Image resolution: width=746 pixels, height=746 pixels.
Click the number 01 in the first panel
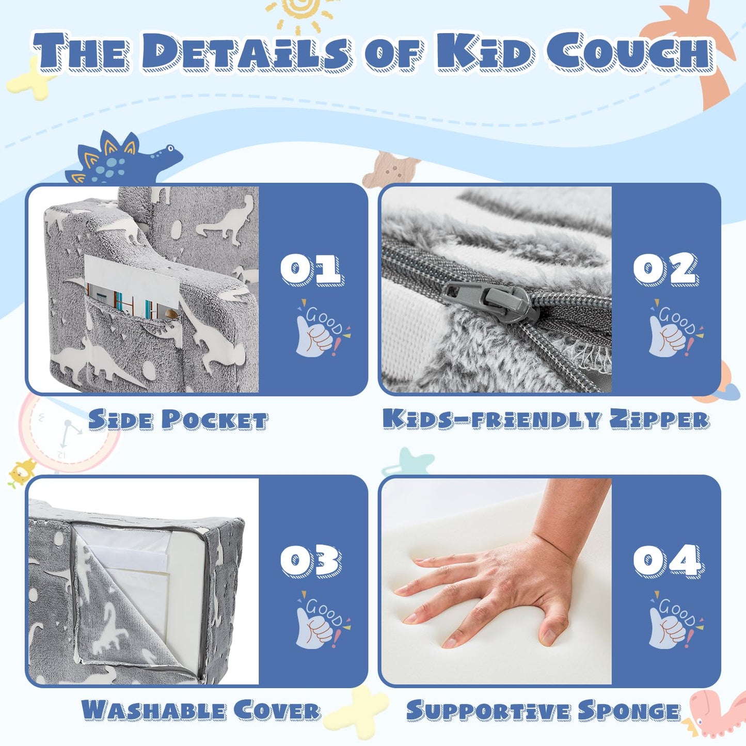coord(312,269)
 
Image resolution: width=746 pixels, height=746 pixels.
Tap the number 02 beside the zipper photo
coord(665,268)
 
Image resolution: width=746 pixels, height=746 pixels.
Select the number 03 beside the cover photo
coord(311,561)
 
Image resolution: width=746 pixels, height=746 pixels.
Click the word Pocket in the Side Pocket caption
coord(215,420)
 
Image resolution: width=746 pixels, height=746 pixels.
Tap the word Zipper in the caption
coord(659,419)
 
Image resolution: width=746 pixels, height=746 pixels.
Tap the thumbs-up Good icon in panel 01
coord(323,328)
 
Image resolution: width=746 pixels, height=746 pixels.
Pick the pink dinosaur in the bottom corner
coord(715,715)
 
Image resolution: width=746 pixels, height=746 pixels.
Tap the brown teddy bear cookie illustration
coord(391,170)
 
